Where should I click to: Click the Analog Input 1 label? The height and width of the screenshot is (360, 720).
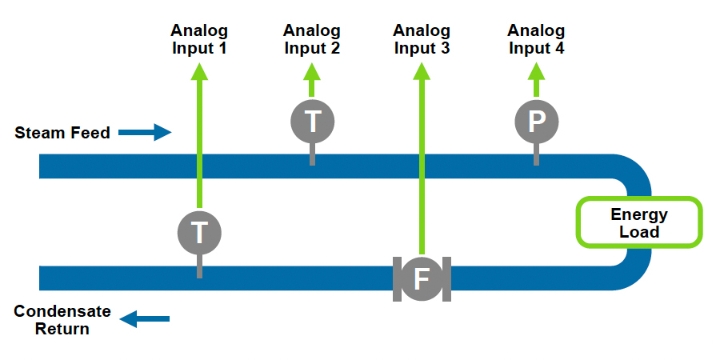(199, 39)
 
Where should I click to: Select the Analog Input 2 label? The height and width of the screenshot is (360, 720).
(312, 39)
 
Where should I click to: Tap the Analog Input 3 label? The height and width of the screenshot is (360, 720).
(422, 39)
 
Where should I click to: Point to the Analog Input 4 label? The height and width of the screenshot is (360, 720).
(536, 39)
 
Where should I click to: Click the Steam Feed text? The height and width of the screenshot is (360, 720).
(62, 133)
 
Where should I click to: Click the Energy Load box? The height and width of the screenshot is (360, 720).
(639, 223)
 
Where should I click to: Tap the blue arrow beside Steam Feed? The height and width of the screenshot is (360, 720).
(146, 132)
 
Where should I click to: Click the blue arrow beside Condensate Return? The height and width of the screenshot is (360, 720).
(145, 319)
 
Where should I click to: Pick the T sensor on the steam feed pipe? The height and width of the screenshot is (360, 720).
(312, 122)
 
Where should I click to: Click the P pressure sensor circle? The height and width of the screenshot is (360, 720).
(536, 122)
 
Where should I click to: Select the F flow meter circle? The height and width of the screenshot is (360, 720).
(422, 279)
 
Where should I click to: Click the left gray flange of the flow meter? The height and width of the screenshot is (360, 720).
(397, 279)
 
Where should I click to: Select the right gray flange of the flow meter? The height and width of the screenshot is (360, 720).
(447, 279)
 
